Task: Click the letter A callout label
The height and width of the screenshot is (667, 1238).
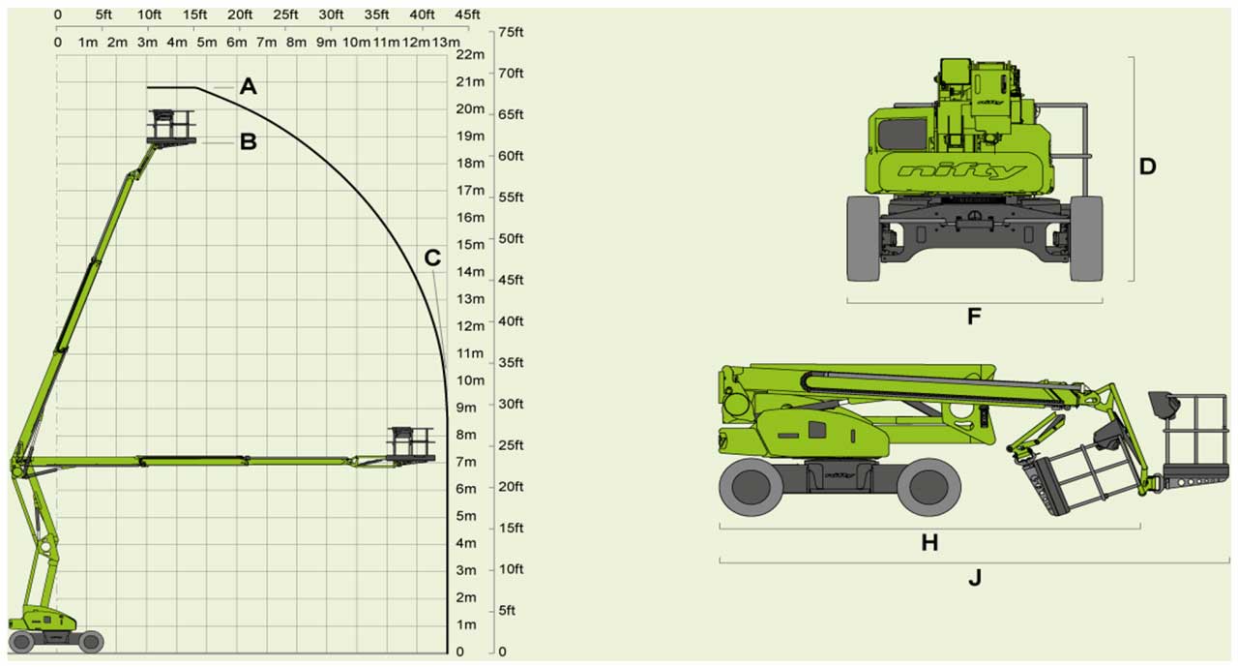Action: pos(249,86)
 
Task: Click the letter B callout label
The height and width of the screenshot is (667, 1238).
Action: pos(249,141)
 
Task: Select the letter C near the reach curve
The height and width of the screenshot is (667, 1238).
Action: pos(432,258)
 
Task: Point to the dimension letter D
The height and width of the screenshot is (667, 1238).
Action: pos(1147,167)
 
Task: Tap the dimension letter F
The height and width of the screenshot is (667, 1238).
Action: pos(974,317)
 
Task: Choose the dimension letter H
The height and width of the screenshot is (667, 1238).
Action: pos(929,543)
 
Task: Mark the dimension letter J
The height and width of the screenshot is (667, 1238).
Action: pos(975,577)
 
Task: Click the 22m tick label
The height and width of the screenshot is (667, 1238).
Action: pos(470,54)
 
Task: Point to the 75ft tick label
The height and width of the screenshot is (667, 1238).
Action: pos(511,32)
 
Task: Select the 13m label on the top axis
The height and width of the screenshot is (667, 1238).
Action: pos(446,42)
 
